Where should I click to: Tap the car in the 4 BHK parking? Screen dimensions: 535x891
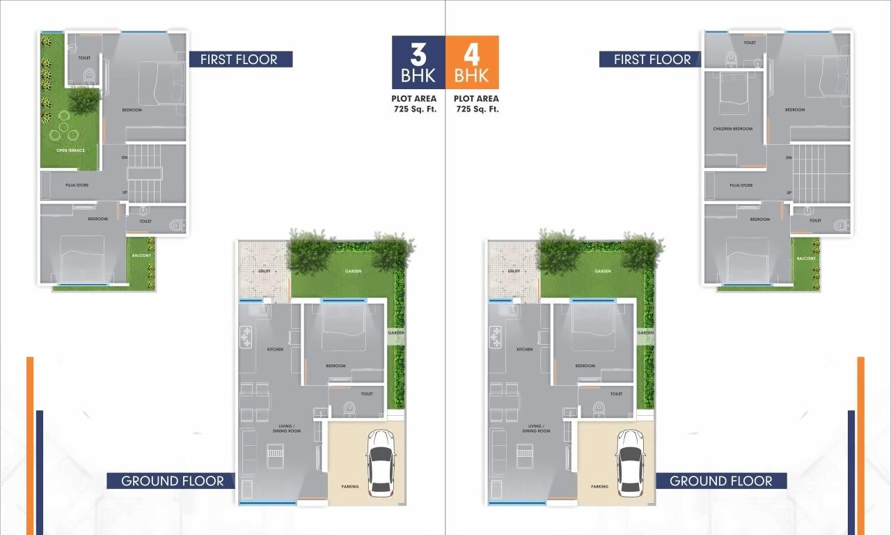630,463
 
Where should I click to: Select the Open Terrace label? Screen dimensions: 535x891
70,150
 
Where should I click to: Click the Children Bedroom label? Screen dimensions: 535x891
732,129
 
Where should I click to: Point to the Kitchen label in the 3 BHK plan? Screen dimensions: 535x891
276,349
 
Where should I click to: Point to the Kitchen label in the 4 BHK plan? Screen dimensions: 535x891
525,349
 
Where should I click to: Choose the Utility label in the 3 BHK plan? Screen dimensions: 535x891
264,271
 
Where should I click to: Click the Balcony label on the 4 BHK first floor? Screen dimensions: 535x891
806,258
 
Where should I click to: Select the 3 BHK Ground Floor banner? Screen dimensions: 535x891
172,481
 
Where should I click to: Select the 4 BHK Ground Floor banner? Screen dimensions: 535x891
720,481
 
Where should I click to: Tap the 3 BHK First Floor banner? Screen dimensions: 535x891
239,59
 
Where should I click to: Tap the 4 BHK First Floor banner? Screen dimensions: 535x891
652,60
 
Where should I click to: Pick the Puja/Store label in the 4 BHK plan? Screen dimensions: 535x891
741,185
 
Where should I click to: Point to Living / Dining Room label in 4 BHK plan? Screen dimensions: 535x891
535,428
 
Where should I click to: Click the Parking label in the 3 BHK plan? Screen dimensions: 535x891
350,486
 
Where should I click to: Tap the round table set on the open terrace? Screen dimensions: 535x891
63,130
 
